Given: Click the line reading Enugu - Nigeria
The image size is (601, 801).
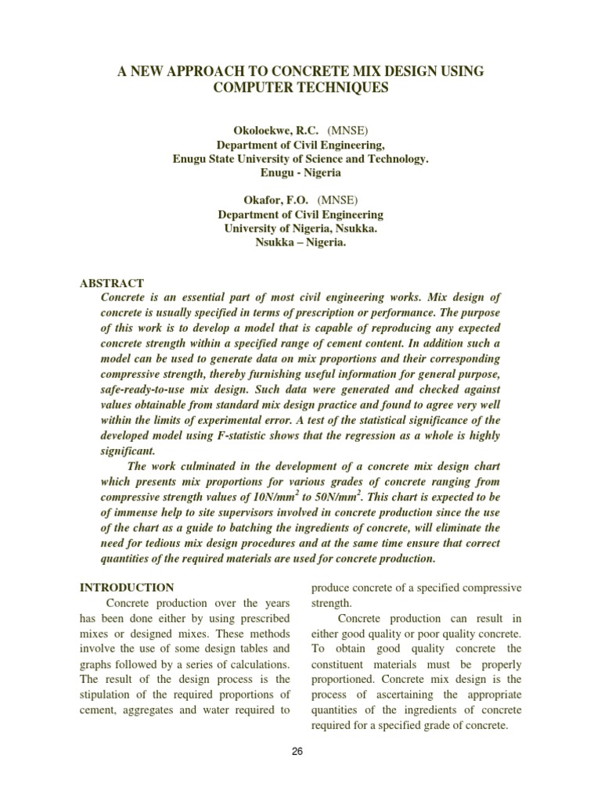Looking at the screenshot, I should tap(300, 172).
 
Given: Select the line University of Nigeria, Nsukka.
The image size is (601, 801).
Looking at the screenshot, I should tap(300, 228).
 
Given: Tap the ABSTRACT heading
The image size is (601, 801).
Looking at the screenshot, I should tap(112, 283).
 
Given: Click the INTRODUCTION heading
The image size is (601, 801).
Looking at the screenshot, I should tap(127, 587).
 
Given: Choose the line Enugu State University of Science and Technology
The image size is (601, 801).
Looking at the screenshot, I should tap(300, 158).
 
